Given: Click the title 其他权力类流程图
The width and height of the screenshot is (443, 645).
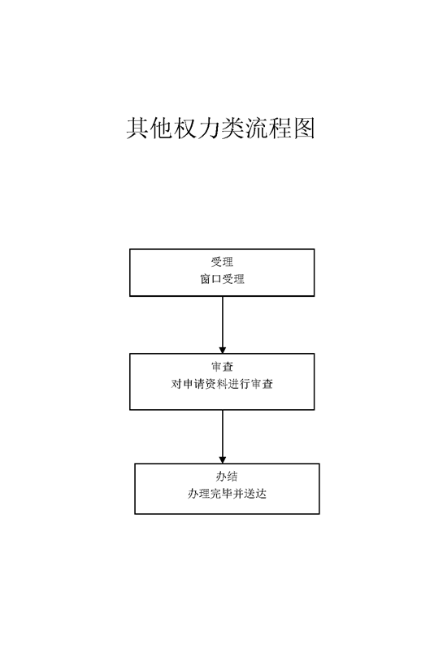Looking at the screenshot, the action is pos(220,129).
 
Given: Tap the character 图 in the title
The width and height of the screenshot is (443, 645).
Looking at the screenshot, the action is pos(304,129).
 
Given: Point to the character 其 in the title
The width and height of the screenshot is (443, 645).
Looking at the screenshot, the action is pos(137,129).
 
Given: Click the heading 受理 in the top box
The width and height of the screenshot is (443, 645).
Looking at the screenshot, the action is pos(222,262).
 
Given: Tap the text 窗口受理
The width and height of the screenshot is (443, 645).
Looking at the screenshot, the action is pos(222,279).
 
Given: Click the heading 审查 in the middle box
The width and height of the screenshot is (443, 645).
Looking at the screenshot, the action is pos(222,367).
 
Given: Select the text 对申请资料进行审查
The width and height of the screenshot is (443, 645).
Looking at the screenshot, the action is pos(222,384).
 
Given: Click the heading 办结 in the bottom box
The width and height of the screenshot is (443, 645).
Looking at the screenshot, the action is pos(227,477).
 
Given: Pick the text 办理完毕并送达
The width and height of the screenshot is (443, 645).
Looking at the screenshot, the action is pos(227,494).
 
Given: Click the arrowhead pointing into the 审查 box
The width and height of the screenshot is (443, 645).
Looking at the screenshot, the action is pos(223,350).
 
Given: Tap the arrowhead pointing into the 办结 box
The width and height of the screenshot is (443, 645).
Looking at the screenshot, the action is pos(223,460).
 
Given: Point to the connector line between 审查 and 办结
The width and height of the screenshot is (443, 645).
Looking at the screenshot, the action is pos(223,437).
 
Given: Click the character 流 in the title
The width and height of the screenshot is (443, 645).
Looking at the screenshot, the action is pos(256,129).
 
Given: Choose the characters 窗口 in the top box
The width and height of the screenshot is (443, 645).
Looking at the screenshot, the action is pos(211,279).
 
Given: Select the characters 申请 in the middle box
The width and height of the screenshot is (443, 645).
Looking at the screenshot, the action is pos(193,384).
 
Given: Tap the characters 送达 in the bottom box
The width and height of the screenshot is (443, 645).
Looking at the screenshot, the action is pos(255,494).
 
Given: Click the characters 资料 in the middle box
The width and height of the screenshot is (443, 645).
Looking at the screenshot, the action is pos(216,384).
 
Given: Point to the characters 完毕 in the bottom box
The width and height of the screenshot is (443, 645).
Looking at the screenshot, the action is pos(221,494).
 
